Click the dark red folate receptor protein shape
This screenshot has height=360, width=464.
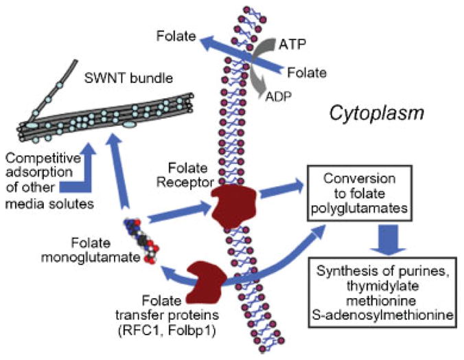point(231,205)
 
